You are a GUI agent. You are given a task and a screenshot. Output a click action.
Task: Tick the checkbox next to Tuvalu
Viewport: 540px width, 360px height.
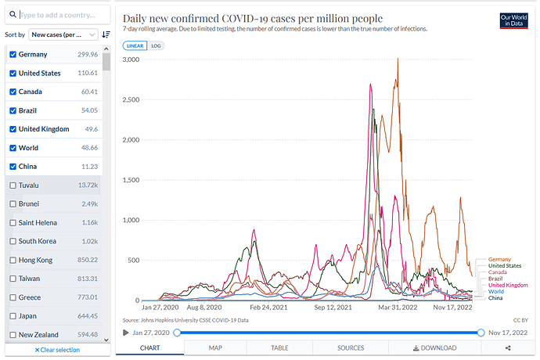[x=12, y=185]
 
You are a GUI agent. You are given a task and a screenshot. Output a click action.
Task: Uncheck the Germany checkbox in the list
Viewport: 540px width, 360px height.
[x=12, y=55]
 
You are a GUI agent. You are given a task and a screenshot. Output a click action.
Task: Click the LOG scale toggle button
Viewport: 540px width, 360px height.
[x=157, y=46]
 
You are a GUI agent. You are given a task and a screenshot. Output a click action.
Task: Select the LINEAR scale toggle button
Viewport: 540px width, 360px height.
[x=135, y=46]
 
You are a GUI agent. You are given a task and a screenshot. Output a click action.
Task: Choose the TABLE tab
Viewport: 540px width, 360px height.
[x=279, y=348]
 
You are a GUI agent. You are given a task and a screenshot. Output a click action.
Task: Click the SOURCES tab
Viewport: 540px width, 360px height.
[x=350, y=348]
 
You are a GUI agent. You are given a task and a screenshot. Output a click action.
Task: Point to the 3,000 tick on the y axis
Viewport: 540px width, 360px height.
[x=131, y=59]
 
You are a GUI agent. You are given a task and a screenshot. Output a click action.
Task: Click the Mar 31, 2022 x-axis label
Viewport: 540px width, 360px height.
[x=398, y=308]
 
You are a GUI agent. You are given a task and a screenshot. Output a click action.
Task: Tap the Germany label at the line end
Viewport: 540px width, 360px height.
[x=499, y=259]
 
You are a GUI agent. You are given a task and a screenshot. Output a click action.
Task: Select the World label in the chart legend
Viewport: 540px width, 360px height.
[x=496, y=292]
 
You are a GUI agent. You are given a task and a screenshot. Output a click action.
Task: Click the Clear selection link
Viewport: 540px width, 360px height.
[x=57, y=350]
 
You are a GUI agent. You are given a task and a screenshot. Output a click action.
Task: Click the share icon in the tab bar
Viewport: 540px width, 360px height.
[x=508, y=348]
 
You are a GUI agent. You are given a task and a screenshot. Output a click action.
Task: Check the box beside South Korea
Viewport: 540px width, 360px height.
[x=12, y=241]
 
